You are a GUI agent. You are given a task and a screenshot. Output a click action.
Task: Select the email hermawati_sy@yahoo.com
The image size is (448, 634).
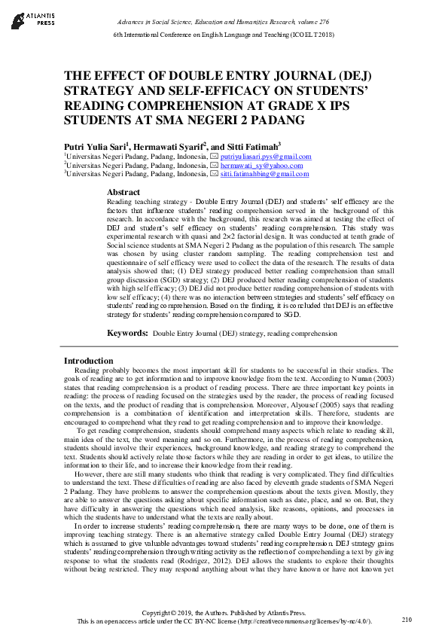click(262, 165)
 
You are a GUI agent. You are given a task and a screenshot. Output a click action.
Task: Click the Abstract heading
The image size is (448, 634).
click(123, 192)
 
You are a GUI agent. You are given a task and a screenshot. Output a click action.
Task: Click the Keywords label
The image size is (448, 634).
click(126, 332)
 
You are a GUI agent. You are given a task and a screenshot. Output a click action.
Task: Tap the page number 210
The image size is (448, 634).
click(407, 619)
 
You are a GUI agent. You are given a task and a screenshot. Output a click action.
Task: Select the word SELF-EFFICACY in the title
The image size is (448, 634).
click(184, 91)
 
